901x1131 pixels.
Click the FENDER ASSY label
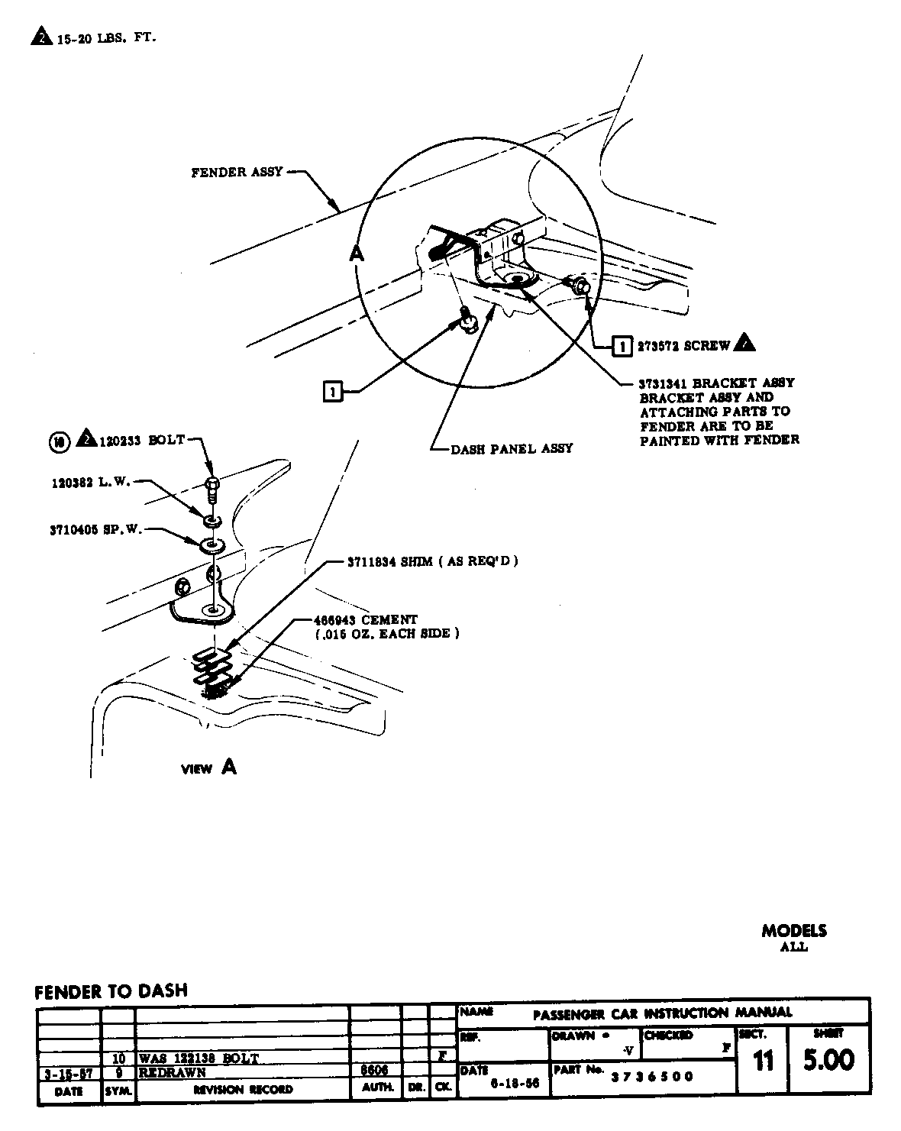[x=237, y=173]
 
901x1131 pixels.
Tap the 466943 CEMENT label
[x=366, y=619]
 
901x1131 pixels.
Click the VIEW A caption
[x=208, y=767]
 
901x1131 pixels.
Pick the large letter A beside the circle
[x=355, y=254]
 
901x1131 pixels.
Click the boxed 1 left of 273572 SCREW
[x=622, y=346]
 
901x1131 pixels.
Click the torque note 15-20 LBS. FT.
[x=106, y=37]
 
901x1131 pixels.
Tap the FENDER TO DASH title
[x=111, y=991]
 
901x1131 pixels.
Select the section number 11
[x=763, y=1062]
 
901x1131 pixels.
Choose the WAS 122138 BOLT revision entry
[x=199, y=1058]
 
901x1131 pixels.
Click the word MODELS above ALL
[x=793, y=931]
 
